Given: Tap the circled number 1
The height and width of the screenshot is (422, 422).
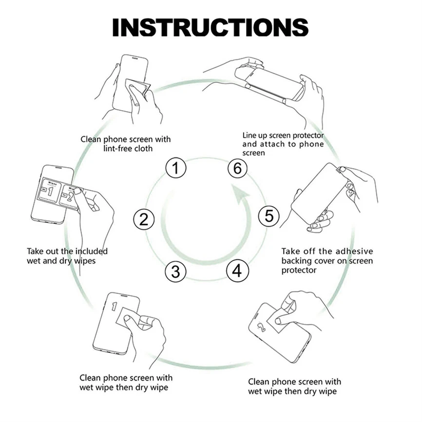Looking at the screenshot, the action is pyautogui.click(x=176, y=169).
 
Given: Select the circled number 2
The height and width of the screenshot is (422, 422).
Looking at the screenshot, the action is pyautogui.click(x=143, y=219).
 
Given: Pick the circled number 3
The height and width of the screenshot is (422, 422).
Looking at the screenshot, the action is pyautogui.click(x=175, y=271).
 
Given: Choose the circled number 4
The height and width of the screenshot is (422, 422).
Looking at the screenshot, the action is pyautogui.click(x=237, y=270).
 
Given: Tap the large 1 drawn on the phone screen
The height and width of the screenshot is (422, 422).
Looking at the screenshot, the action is pyautogui.click(x=115, y=307).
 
